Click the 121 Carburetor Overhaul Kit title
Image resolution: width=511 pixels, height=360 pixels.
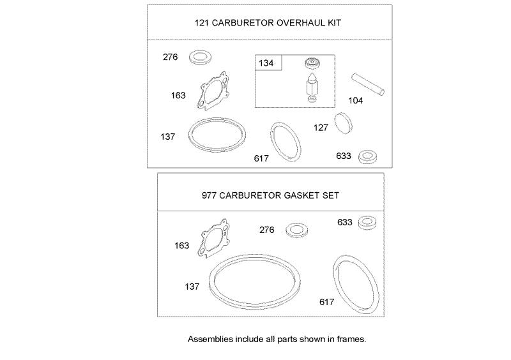(268, 23)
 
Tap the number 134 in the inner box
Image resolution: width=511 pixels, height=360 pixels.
(265, 63)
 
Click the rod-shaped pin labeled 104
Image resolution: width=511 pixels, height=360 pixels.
(368, 85)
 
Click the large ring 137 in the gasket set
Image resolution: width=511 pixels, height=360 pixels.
(256, 278)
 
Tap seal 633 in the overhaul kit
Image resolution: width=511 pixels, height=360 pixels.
(367, 156)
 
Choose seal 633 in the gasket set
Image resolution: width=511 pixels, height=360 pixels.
(367, 223)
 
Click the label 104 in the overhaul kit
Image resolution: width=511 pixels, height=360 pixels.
(356, 100)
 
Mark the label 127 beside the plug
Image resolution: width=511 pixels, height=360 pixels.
(321, 128)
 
